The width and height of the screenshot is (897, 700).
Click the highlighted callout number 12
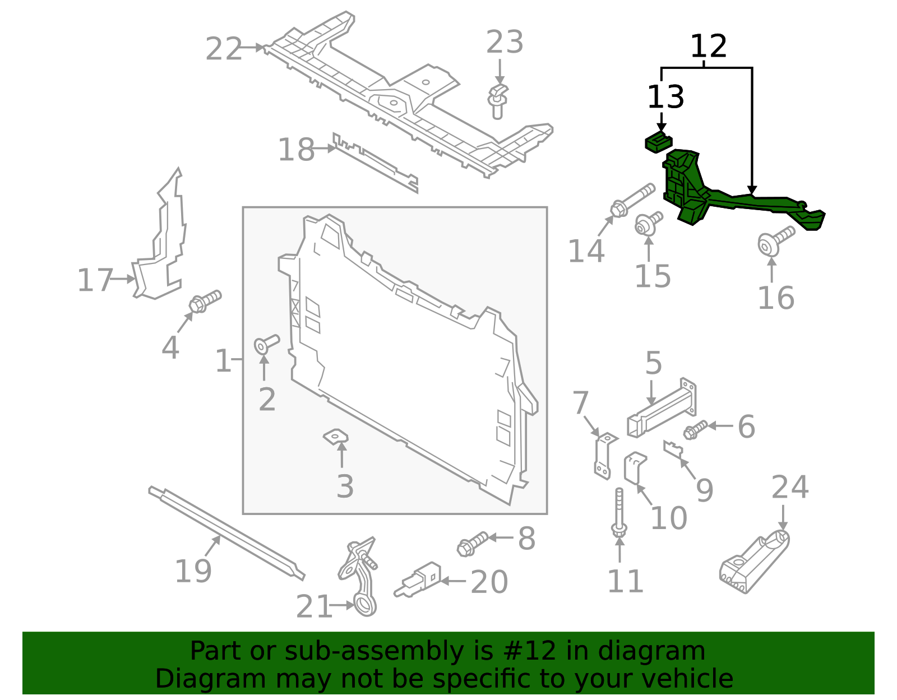coord(708,47)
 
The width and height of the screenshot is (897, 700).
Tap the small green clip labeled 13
coord(658,142)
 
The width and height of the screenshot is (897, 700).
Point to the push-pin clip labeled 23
coord(497,101)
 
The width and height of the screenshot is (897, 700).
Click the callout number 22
coord(223,49)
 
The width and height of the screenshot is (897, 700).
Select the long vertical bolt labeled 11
coord(619,513)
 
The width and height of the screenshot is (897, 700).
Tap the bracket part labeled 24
coord(754,563)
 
